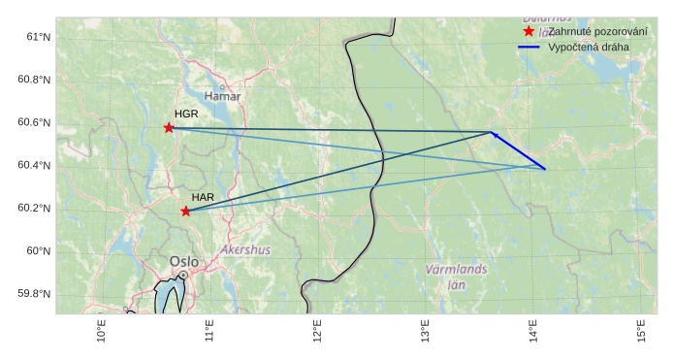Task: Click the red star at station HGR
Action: click(x=169, y=128)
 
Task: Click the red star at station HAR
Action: click(x=185, y=211)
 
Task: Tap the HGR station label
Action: click(x=186, y=115)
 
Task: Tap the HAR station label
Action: click(x=203, y=197)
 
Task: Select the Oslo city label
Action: click(x=184, y=261)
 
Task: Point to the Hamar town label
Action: click(x=223, y=96)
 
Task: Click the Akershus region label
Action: click(x=246, y=249)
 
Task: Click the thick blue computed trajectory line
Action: click(x=519, y=151)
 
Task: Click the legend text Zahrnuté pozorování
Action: click(x=598, y=31)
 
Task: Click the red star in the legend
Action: click(x=529, y=31)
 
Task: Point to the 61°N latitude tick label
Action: click(x=37, y=37)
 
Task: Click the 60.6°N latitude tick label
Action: click(x=34, y=122)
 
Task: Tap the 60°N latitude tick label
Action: click(x=37, y=250)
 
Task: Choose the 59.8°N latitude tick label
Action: click(x=34, y=294)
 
